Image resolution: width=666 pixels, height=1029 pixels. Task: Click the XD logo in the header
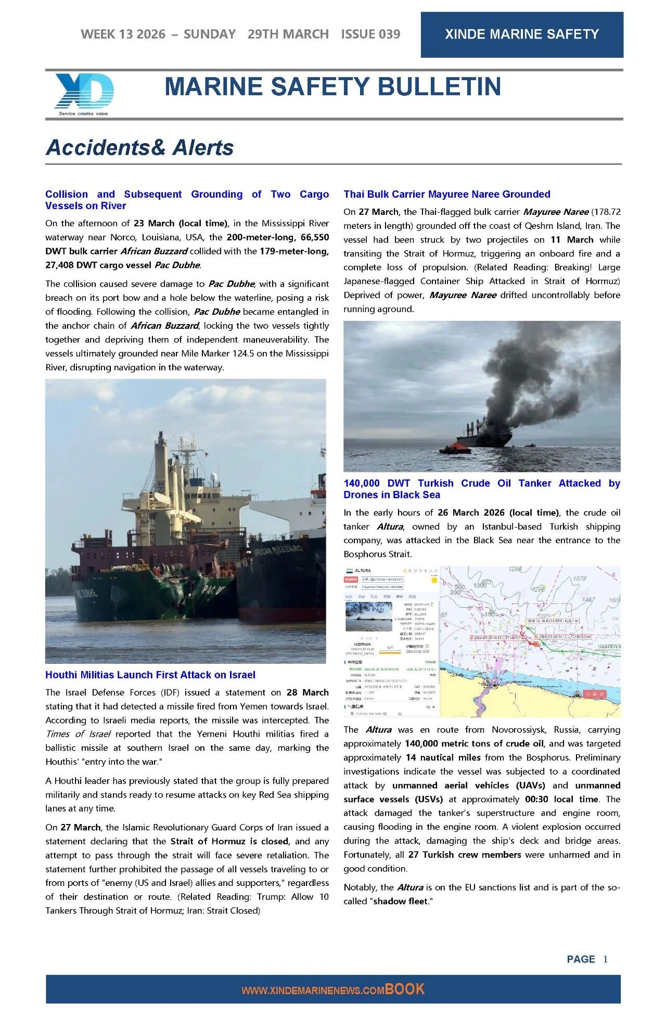click(84, 93)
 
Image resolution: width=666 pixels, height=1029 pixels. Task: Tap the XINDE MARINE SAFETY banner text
click(522, 34)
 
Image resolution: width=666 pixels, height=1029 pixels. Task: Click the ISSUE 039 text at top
click(370, 34)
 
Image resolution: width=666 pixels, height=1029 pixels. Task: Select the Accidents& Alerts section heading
click(139, 148)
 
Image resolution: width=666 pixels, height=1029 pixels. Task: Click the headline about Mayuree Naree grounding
click(446, 195)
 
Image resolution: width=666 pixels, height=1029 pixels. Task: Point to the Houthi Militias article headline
click(150, 675)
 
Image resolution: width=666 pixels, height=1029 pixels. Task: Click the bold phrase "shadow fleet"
click(401, 902)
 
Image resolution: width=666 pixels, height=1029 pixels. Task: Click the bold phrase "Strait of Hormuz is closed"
click(229, 841)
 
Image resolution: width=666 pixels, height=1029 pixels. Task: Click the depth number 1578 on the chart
click(579, 578)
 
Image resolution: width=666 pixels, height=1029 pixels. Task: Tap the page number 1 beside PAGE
click(605, 959)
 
